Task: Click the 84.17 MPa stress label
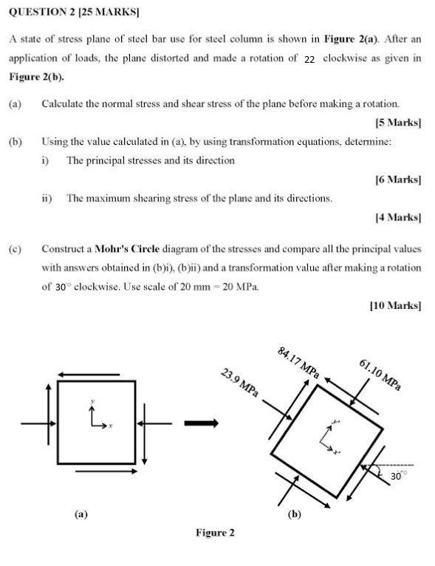(x=298, y=363)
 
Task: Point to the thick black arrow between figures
(x=201, y=423)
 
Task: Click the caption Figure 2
(x=215, y=532)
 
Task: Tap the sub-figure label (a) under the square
(x=81, y=512)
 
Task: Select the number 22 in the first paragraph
(x=309, y=58)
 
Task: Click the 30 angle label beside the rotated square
(x=397, y=477)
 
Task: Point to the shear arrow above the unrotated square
(x=88, y=374)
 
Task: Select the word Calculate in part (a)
(x=65, y=104)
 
